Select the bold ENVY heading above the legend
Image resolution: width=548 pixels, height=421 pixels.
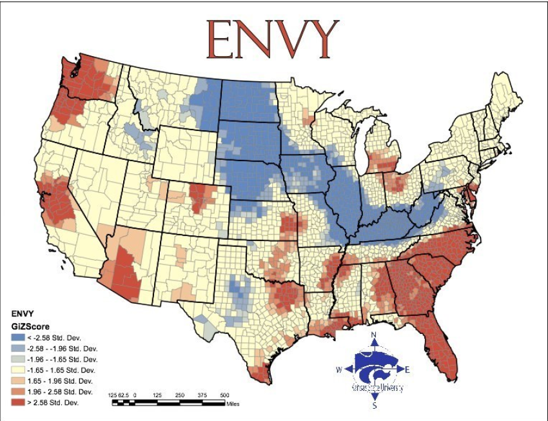pos(24,314)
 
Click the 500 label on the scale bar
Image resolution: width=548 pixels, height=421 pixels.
pos(224,395)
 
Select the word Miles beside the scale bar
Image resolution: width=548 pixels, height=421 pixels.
pos(233,404)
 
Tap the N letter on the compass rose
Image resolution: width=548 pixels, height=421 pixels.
pos(374,335)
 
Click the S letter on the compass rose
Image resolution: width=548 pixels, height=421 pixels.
pos(375,406)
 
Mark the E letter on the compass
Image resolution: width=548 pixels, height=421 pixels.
pos(407,369)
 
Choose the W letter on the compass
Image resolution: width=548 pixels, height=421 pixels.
pos(339,370)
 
